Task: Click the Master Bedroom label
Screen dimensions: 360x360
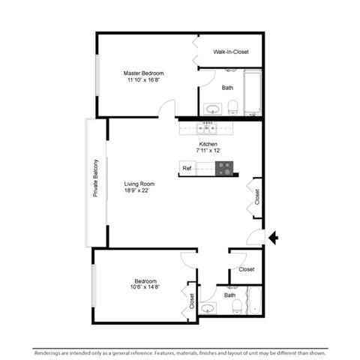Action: [x=144, y=73]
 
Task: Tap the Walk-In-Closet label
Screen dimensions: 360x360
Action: [x=231, y=52]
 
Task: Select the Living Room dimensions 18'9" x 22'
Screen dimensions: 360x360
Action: [x=136, y=190]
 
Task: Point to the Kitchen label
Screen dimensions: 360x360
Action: [x=208, y=144]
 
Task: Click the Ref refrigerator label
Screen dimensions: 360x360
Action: [x=187, y=168]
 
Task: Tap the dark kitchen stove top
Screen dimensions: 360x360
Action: [x=224, y=169]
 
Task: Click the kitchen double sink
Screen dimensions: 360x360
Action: [x=206, y=128]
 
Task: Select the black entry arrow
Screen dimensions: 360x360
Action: [x=273, y=238]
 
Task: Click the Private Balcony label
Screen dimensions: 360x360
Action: [x=95, y=178]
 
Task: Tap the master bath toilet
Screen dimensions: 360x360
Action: [x=232, y=107]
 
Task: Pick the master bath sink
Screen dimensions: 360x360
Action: [x=213, y=109]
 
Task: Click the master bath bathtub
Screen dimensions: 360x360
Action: [x=253, y=92]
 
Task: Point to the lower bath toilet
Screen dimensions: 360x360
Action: [x=237, y=307]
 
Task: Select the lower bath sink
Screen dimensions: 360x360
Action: [x=208, y=308]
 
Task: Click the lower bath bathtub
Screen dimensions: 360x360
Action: [x=255, y=301]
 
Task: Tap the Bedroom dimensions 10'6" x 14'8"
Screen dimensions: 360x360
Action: [x=145, y=286]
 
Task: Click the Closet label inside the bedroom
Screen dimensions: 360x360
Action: [x=192, y=301]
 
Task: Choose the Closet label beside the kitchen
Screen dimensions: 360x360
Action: [x=257, y=197]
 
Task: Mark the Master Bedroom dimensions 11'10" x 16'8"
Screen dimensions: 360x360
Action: [x=143, y=80]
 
